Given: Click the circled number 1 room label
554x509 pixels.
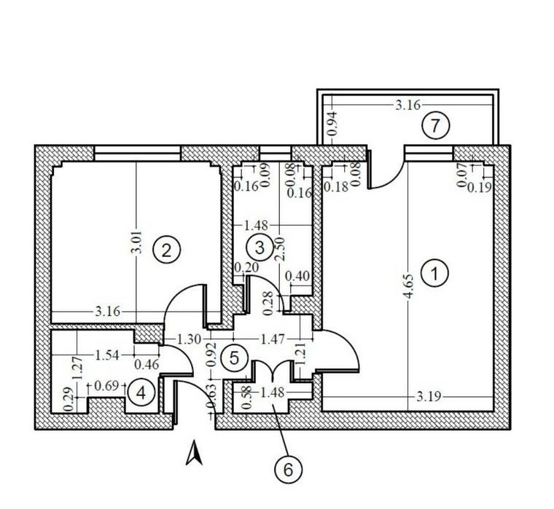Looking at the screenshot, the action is tap(435, 273).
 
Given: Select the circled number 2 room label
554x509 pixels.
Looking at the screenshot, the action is tap(166, 250).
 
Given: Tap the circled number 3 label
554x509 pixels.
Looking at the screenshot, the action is tap(260, 248).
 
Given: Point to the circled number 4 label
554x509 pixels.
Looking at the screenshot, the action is tap(141, 393).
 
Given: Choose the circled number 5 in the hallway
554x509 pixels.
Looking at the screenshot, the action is tap(235, 358).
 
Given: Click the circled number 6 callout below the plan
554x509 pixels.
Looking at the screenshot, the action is tap(289, 470).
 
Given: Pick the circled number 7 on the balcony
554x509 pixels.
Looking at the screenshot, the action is tap(436, 125).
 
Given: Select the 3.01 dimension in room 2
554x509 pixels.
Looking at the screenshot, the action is tap(136, 242).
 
